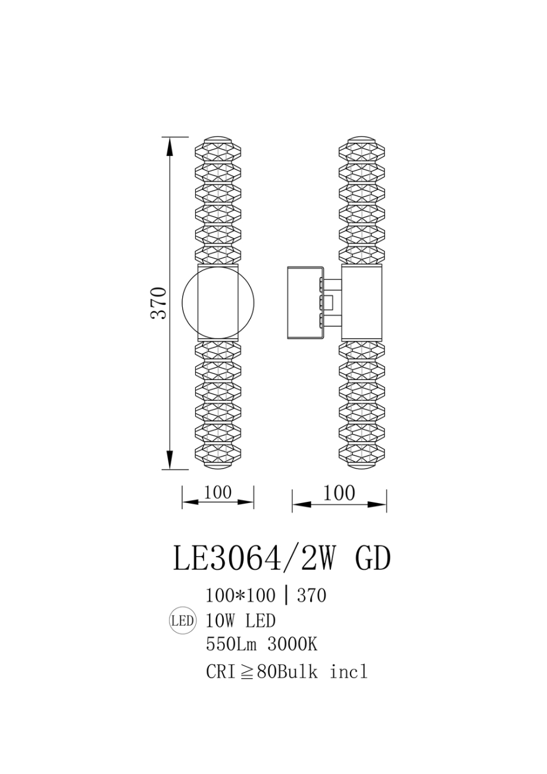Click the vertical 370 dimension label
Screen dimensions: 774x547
click(159, 303)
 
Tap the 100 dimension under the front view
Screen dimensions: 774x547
click(217, 492)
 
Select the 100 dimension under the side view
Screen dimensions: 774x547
click(339, 493)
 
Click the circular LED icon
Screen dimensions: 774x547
click(183, 621)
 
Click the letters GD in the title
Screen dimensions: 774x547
click(373, 559)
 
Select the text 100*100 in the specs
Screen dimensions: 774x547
click(240, 595)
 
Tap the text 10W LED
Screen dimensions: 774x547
click(240, 621)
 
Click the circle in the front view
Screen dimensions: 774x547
click(217, 302)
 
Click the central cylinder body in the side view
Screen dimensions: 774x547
click(362, 302)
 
